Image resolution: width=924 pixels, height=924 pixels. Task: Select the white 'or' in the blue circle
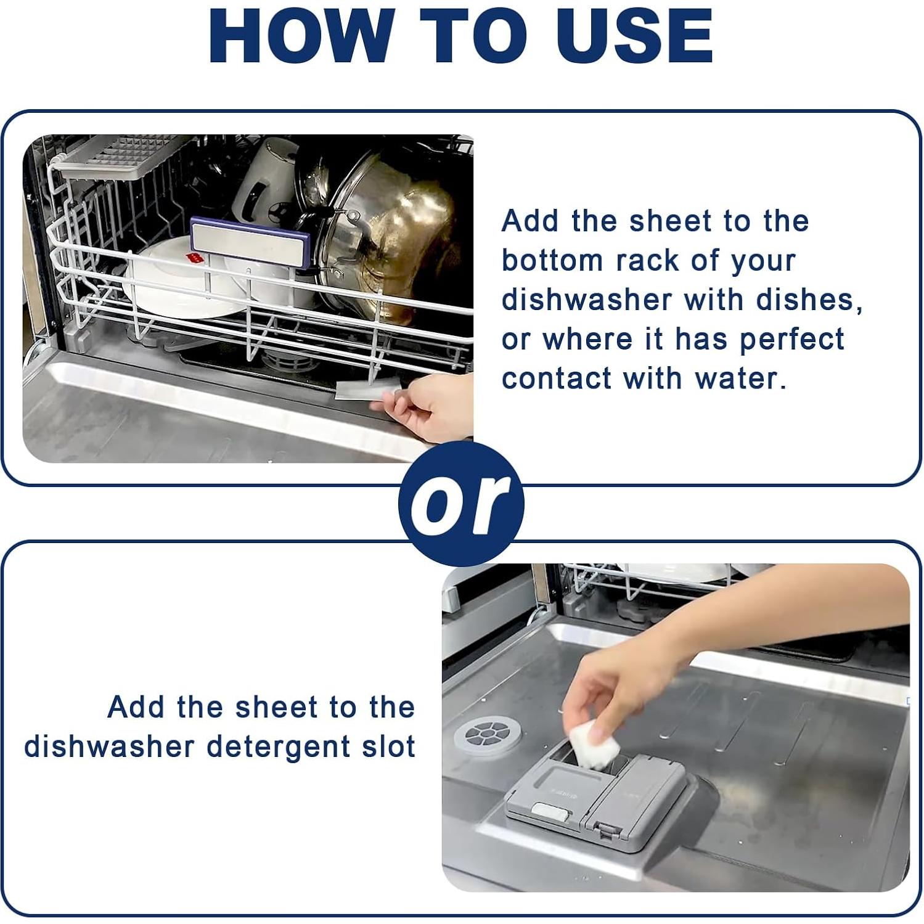pyautogui.click(x=460, y=504)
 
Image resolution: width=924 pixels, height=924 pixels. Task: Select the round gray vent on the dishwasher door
pyautogui.click(x=487, y=734)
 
